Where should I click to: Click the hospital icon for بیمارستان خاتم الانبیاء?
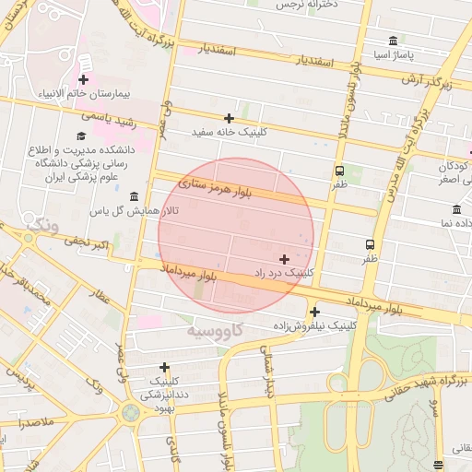84,63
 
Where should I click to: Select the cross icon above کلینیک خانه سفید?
229,118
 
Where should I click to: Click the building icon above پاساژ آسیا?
394,41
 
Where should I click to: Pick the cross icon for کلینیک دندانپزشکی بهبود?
164,367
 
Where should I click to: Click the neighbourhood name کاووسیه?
214,329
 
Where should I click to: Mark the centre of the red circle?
236,236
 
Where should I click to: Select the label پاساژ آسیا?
394,56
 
